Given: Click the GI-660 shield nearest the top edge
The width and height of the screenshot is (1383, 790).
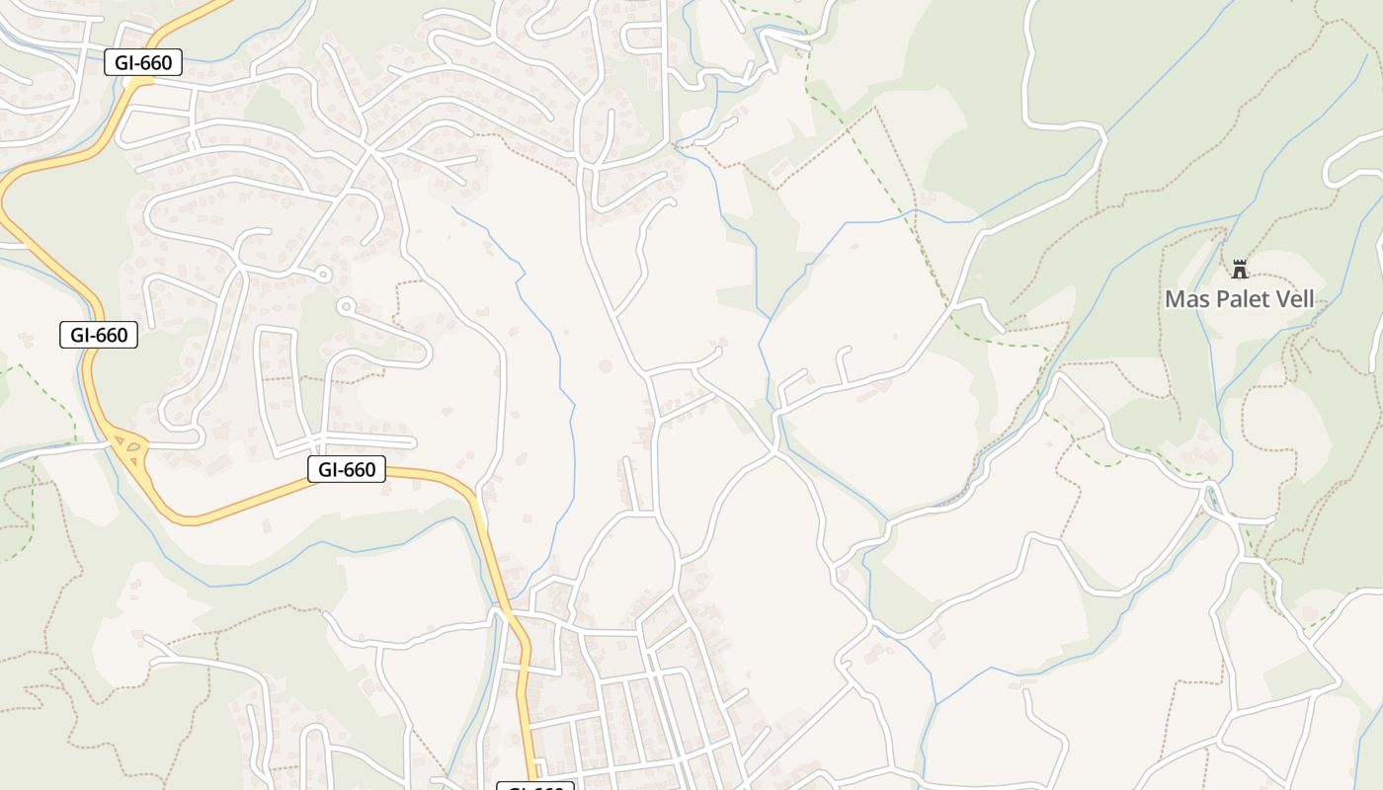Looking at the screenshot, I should (x=143, y=63).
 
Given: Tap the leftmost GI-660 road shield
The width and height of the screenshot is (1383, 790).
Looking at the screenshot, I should (x=98, y=335).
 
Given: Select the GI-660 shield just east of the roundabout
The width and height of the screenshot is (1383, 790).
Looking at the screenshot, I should (x=346, y=469).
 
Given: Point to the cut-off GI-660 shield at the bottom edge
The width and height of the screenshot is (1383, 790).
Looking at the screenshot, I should (x=534, y=786).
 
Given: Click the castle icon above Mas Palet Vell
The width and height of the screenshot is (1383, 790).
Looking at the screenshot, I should (x=1239, y=269).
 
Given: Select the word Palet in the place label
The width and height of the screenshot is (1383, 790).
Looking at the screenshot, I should (x=1247, y=299).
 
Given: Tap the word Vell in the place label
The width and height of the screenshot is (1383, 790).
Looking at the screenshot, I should (x=1296, y=299).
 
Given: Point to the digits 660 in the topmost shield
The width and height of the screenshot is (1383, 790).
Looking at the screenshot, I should (x=156, y=63).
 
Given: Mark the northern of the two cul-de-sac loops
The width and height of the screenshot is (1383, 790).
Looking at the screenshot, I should (x=322, y=274).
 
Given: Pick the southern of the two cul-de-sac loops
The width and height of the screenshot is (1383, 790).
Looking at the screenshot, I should (x=344, y=307).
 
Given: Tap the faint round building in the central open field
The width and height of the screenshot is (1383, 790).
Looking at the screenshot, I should (x=605, y=366).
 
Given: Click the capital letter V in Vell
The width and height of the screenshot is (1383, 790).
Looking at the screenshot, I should (x=1282, y=299).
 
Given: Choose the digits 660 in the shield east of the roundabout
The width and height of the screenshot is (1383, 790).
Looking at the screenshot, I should (x=360, y=469).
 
